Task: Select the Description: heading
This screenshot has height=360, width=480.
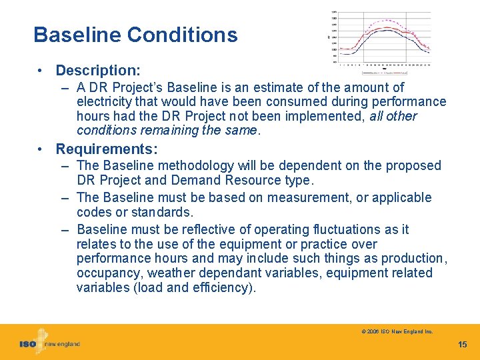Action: (x=98, y=70)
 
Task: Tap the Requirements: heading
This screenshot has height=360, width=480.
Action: (x=107, y=149)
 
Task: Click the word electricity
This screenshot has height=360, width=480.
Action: (x=103, y=101)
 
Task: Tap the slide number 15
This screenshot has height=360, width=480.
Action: (x=463, y=345)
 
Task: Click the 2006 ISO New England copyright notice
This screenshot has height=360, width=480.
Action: (x=397, y=331)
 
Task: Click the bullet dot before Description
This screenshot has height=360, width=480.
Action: (x=41, y=70)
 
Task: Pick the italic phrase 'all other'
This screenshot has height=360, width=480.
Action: (x=393, y=116)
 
